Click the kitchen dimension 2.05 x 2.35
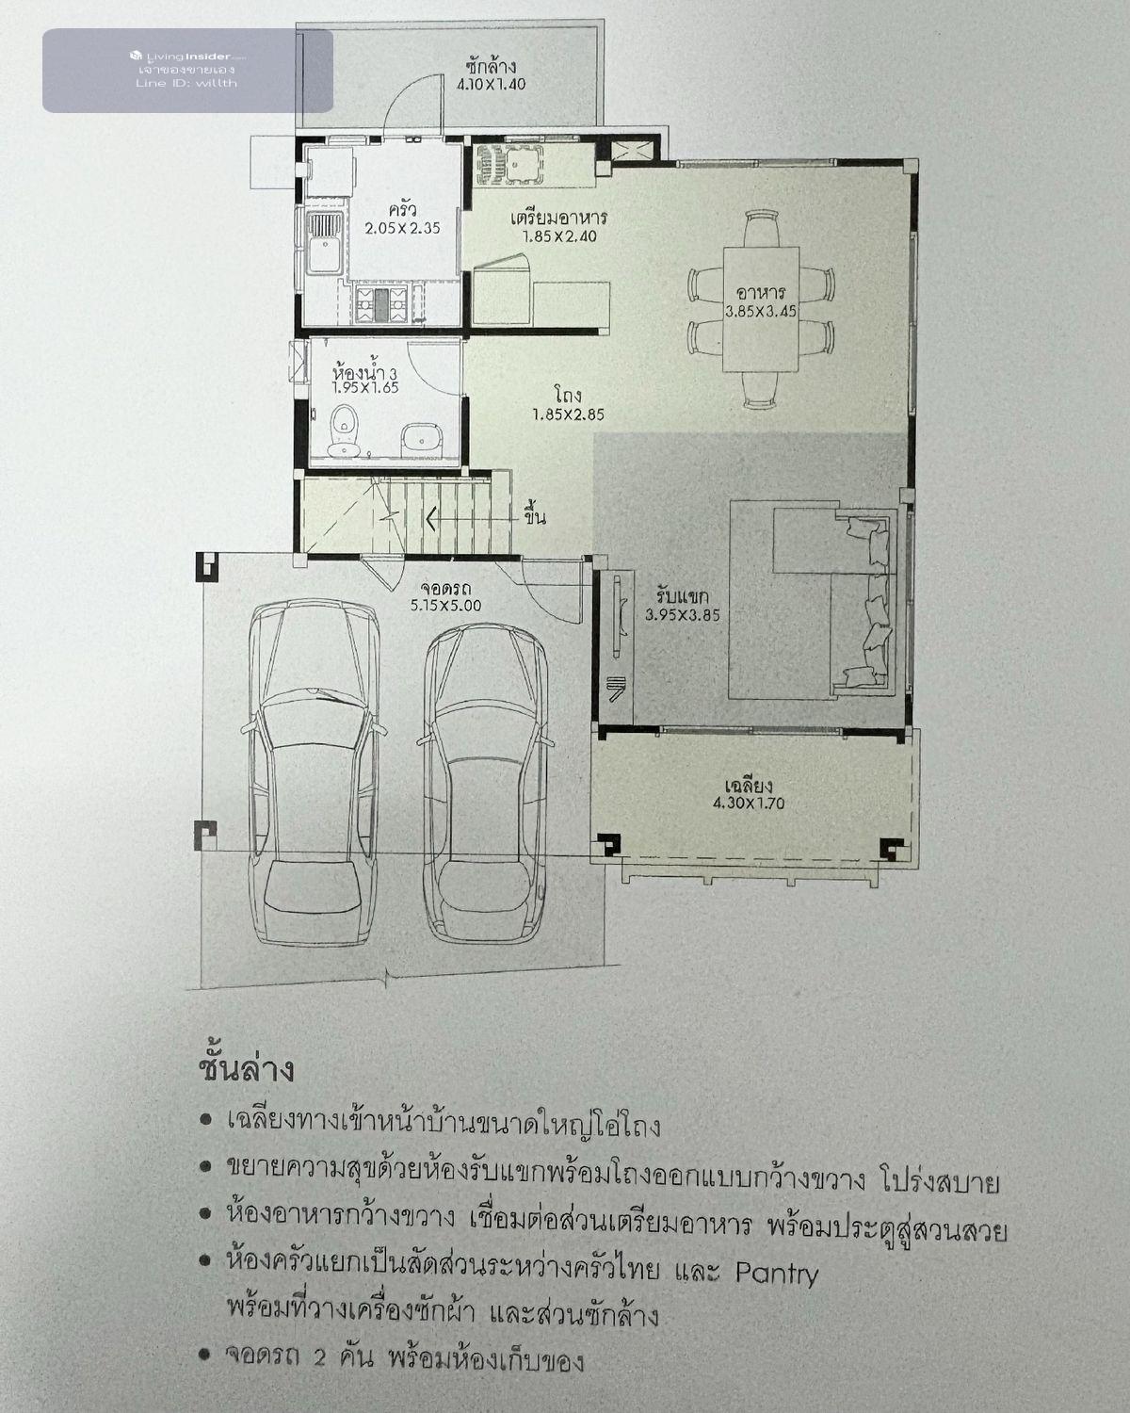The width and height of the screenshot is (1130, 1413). (402, 229)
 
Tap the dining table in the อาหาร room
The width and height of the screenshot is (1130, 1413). (761, 309)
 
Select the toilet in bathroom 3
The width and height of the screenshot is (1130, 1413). (345, 430)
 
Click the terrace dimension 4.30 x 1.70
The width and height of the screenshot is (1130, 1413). (749, 803)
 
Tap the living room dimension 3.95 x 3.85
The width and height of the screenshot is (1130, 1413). (683, 615)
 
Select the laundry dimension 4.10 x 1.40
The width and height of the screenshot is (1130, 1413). (492, 84)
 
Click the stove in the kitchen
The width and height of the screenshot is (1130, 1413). (380, 303)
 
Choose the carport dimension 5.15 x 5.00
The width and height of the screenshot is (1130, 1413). (445, 606)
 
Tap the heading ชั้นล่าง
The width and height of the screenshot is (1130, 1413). (246, 1070)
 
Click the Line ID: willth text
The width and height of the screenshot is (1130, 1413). (186, 84)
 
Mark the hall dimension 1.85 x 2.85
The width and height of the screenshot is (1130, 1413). (569, 414)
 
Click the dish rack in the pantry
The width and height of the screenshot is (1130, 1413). (508, 164)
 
